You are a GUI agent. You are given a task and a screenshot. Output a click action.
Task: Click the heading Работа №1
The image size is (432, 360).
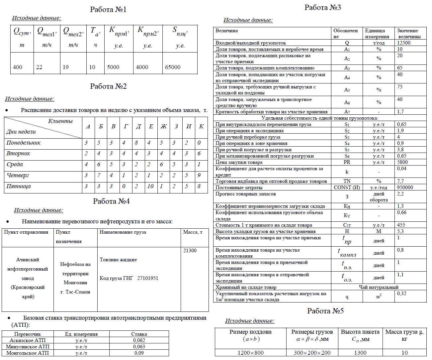coord(108,10)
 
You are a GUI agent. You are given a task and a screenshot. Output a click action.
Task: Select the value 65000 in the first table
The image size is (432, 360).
coord(173,67)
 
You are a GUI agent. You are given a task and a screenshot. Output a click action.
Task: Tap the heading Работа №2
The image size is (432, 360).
coord(108,86)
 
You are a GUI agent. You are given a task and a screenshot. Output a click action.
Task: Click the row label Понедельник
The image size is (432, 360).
coord(23,143)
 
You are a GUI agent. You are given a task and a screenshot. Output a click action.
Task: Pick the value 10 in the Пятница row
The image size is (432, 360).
coord(150,186)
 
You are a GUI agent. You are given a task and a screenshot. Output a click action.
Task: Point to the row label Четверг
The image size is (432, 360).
coord(18,176)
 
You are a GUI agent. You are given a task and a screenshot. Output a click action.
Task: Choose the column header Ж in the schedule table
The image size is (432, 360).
coord(163,127)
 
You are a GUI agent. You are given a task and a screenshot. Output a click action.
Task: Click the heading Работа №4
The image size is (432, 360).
coord(111,201)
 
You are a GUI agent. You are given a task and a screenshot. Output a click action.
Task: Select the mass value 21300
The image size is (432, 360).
coord(190,251)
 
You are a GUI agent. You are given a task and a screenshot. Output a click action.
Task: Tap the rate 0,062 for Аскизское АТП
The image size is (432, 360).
coord(139,340)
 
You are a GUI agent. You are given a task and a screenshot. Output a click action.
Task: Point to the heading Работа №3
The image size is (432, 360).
coord(323,8)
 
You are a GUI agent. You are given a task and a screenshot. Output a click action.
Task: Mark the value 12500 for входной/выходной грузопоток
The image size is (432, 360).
coord(404,43)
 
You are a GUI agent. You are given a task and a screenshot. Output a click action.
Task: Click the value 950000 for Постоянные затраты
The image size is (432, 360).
coord(405,187)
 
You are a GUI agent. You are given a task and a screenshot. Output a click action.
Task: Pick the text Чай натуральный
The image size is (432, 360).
coord(379,287)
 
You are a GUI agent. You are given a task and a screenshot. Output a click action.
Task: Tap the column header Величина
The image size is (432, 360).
coord(226,31)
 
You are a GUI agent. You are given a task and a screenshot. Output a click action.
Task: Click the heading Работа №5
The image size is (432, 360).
coord(325,311)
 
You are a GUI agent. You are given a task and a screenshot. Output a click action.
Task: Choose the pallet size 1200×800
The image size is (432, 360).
coord(250,353)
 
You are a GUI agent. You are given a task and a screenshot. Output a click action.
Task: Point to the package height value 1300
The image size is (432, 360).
coord(360,353)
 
